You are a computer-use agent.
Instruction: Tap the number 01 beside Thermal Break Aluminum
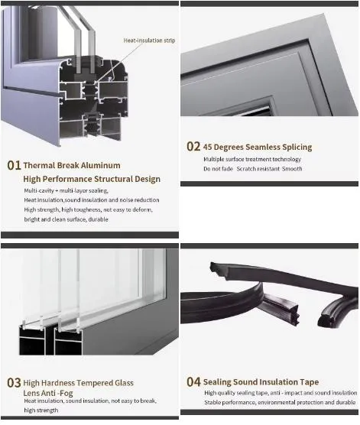(x=14, y=165)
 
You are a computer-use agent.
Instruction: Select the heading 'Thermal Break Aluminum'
(x=72, y=165)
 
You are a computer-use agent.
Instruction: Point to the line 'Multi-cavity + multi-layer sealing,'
(x=66, y=190)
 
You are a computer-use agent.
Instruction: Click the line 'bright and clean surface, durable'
(x=66, y=219)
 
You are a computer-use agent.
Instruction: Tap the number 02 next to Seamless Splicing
(x=193, y=147)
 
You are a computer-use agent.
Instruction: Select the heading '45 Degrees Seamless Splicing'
(x=258, y=147)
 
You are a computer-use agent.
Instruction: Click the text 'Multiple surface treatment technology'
(x=252, y=159)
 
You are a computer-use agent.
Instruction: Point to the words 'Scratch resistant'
(x=258, y=168)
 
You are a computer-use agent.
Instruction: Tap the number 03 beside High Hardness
(x=14, y=382)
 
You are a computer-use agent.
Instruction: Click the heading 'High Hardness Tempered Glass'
(x=78, y=382)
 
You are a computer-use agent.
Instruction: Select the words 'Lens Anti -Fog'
(x=50, y=392)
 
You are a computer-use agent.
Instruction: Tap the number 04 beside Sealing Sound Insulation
(x=193, y=381)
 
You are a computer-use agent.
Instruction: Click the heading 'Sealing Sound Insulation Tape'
(x=261, y=381)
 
